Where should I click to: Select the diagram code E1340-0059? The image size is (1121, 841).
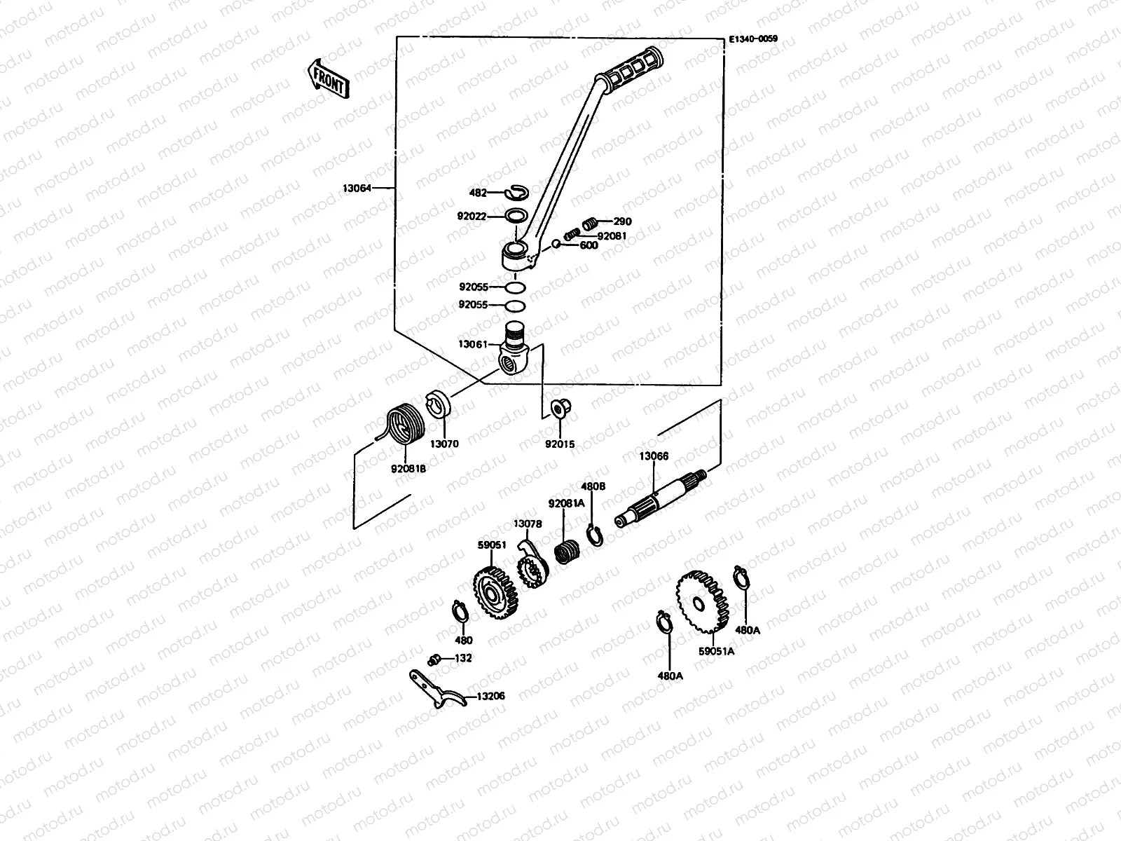(x=752, y=40)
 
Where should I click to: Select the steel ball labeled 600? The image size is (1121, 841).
(x=556, y=244)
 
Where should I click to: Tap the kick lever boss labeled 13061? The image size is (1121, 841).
(x=517, y=348)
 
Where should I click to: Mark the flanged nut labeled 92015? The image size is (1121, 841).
(x=559, y=407)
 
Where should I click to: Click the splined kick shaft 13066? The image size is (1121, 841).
(x=662, y=497)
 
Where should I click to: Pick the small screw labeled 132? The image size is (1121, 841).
(x=434, y=659)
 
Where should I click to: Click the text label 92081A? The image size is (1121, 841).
(x=566, y=503)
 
